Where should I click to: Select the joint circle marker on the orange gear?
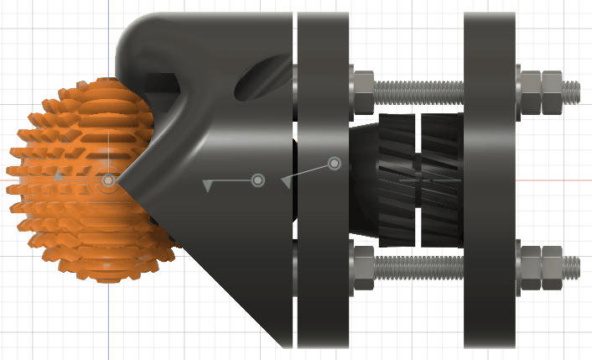pyautogui.click(x=108, y=180)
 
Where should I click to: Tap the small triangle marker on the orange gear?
pyautogui.click(x=57, y=177)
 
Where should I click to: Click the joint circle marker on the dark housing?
pyautogui.click(x=258, y=180)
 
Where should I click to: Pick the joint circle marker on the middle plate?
pyautogui.click(x=335, y=163)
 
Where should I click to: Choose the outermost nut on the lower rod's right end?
pyautogui.click(x=553, y=267)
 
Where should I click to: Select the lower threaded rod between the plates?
pyautogui.click(x=419, y=268)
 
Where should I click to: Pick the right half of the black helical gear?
pyautogui.click(x=440, y=180)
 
